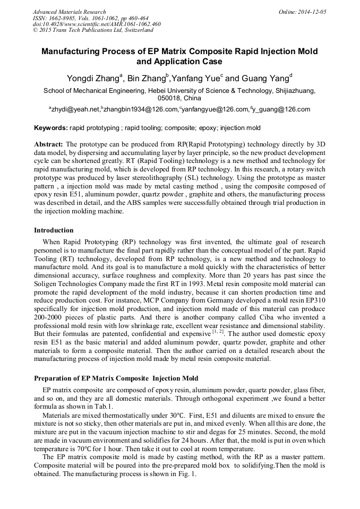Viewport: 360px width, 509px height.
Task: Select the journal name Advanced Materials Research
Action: [69, 12]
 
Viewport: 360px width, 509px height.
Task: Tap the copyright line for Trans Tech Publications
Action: [93, 30]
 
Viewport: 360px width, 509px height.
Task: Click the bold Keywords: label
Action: [51, 128]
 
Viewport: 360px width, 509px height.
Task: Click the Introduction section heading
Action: [54, 230]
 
